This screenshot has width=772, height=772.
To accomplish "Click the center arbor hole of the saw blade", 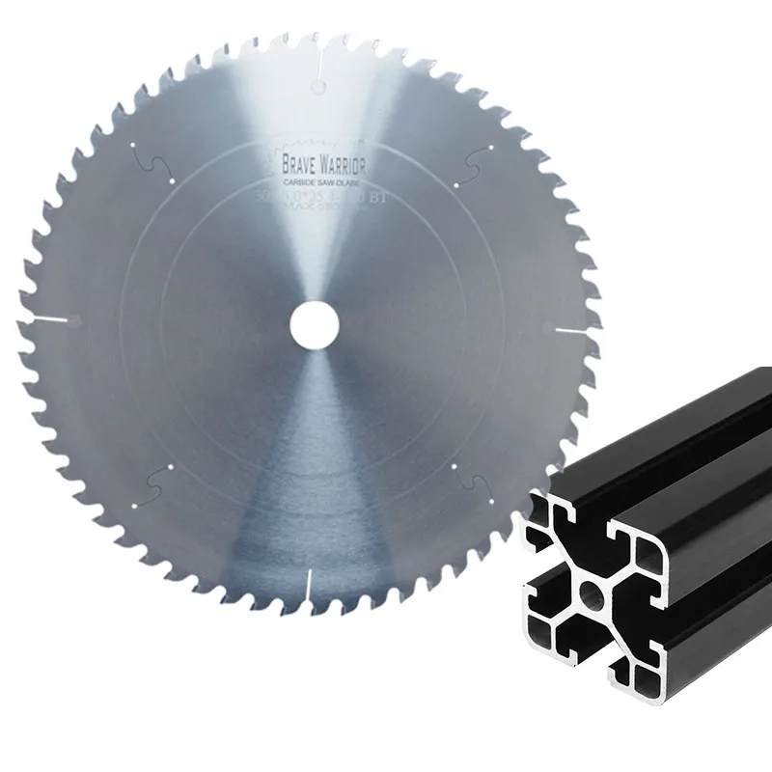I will pyautogui.click(x=309, y=321).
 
